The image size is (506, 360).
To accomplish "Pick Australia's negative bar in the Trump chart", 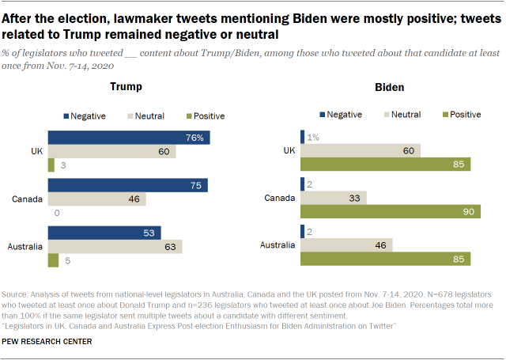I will click(104, 233).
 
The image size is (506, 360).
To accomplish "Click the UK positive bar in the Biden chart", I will click(386, 164).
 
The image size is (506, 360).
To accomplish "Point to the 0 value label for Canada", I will click(57, 213).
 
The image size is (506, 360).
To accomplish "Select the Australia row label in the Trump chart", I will click(25, 246).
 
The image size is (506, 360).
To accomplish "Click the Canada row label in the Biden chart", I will click(281, 198).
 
